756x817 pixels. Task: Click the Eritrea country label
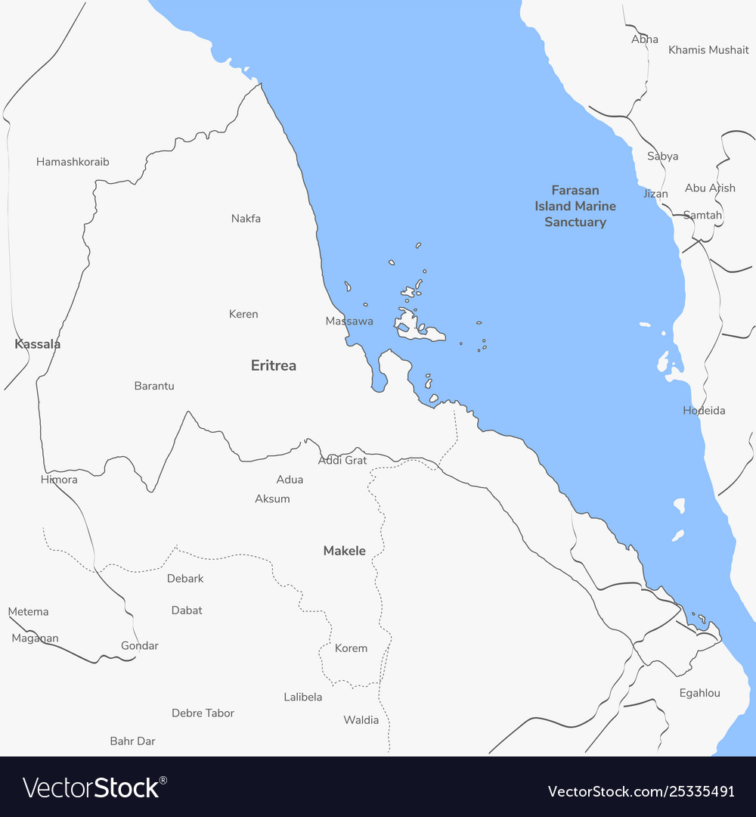(274, 365)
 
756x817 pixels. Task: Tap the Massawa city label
(349, 321)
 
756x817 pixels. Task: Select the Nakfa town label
(246, 219)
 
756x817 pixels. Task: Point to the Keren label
(243, 314)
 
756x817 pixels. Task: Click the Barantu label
(154, 386)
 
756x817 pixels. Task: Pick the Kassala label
(38, 344)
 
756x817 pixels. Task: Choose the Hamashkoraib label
(73, 162)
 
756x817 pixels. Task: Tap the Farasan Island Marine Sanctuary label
(575, 206)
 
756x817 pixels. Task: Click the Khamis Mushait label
(708, 50)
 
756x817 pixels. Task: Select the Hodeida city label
(704, 411)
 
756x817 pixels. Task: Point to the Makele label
(345, 551)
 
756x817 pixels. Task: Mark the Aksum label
(272, 499)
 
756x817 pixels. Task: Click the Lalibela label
(303, 697)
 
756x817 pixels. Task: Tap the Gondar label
(140, 645)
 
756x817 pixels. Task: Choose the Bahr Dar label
(132, 741)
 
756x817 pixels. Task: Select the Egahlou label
(699, 693)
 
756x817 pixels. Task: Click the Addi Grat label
(342, 460)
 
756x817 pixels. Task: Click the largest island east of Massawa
(412, 325)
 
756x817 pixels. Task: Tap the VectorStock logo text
(95, 787)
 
